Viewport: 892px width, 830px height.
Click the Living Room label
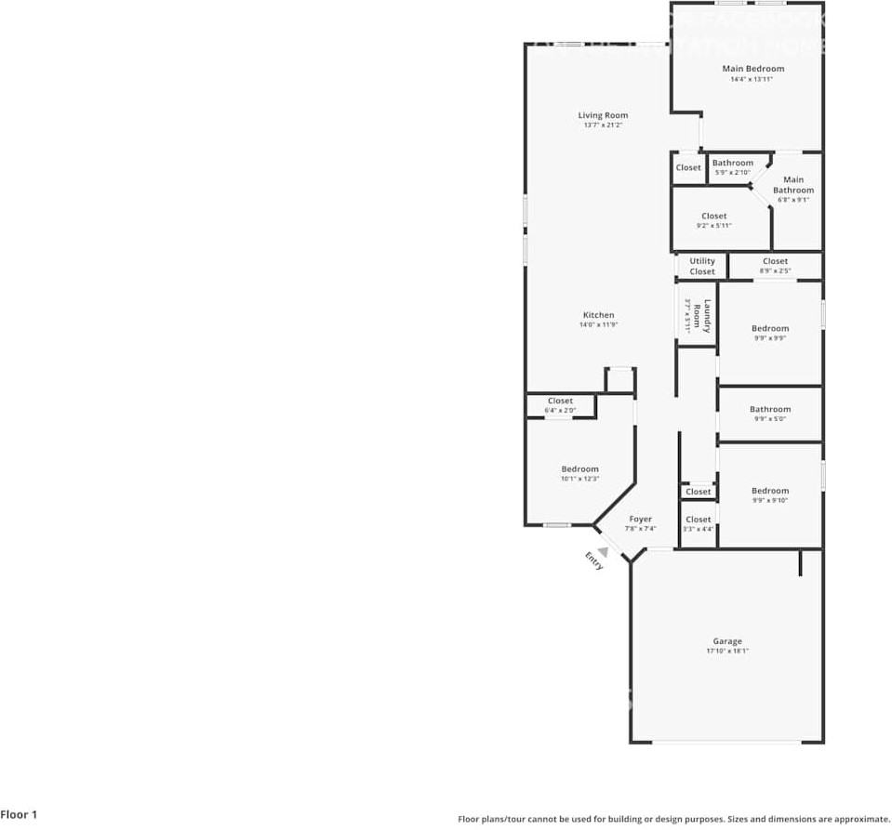[x=603, y=115]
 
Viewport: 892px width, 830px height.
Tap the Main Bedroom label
[x=752, y=69]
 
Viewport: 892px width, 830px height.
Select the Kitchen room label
[x=598, y=315]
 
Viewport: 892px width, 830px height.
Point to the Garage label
[x=727, y=641]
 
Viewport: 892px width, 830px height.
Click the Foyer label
[x=640, y=520]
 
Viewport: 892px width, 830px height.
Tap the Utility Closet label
[x=702, y=267]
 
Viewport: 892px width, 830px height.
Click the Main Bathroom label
[x=792, y=185]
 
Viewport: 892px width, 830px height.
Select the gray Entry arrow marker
[x=602, y=552]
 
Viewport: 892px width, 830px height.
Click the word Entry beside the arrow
[x=593, y=560]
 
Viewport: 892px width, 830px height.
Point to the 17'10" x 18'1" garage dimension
[x=727, y=652]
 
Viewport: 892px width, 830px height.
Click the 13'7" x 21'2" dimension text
[x=603, y=125]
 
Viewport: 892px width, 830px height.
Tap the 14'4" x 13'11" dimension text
[x=752, y=80]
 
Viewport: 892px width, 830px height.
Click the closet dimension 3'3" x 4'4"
[x=698, y=530]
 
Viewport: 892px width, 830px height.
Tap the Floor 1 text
[x=19, y=815]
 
